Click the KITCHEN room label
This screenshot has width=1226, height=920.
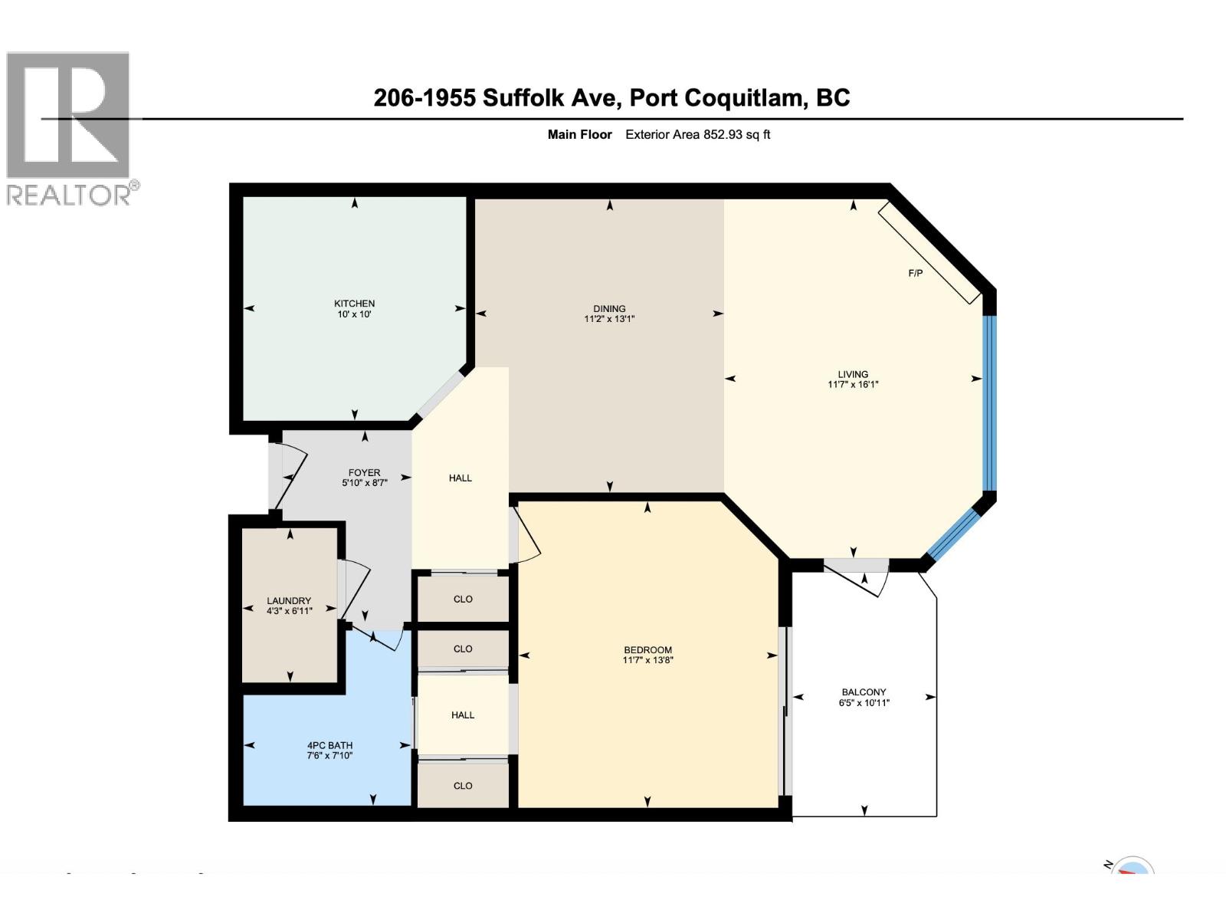[354, 304]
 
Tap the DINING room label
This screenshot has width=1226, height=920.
[609, 308]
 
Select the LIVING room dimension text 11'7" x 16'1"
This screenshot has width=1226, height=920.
[852, 385]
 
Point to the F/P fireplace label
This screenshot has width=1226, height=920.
[915, 274]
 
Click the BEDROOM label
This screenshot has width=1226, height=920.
[647, 649]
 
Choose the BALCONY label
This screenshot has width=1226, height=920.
[864, 692]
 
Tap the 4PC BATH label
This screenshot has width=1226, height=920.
[329, 744]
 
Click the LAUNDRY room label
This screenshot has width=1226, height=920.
[289, 600]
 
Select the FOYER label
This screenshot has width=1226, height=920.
[364, 472]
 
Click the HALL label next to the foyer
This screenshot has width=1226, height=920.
[460, 478]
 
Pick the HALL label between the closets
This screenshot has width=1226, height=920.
[462, 715]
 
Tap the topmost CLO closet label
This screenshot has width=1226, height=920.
[463, 599]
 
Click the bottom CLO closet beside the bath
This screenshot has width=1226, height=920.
[463, 785]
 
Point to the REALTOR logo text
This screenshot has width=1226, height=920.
[72, 194]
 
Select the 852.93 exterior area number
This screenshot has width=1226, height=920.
[724, 134]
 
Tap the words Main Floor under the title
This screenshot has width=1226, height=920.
[579, 134]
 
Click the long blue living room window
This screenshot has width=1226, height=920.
[989, 402]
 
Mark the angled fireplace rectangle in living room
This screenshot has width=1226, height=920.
[929, 252]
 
